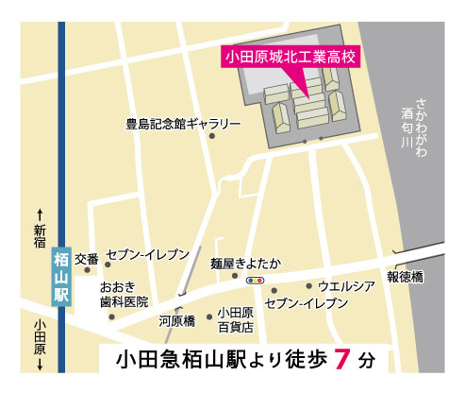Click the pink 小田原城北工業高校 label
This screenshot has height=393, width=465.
(291, 57)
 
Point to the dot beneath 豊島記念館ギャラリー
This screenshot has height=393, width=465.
(212, 137)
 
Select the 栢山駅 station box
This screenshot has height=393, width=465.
(61, 274)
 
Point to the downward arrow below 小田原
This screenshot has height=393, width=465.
(40, 364)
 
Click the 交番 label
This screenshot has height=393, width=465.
(87, 258)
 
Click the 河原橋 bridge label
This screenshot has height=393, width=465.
(175, 321)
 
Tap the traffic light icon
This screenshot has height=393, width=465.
(254, 281)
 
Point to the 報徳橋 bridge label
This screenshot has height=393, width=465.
(406, 277)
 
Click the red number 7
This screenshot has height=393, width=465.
(344, 360)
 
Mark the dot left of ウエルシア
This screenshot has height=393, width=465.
(308, 285)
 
